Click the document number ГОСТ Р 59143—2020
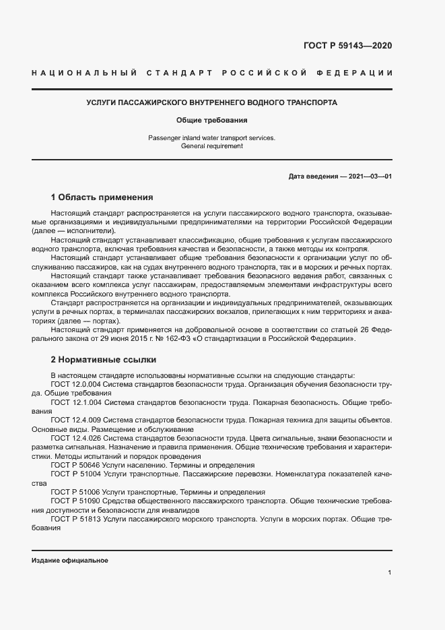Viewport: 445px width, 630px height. point(348,46)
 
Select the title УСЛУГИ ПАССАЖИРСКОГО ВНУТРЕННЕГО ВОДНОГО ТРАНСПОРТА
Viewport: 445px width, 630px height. point(212,103)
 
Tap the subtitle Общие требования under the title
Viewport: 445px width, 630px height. point(212,121)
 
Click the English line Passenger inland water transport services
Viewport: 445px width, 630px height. point(212,138)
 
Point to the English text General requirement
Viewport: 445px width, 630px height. point(212,146)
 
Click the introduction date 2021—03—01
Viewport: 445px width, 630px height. point(370,177)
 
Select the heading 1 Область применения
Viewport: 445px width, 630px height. point(102,198)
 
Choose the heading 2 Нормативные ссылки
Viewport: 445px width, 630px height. point(103,359)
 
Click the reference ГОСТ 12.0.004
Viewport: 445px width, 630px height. point(76,384)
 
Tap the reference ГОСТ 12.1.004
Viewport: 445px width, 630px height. point(76,402)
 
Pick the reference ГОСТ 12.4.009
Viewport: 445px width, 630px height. point(76,420)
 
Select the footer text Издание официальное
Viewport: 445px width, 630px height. point(69,561)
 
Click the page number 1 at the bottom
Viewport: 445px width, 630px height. point(390,573)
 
